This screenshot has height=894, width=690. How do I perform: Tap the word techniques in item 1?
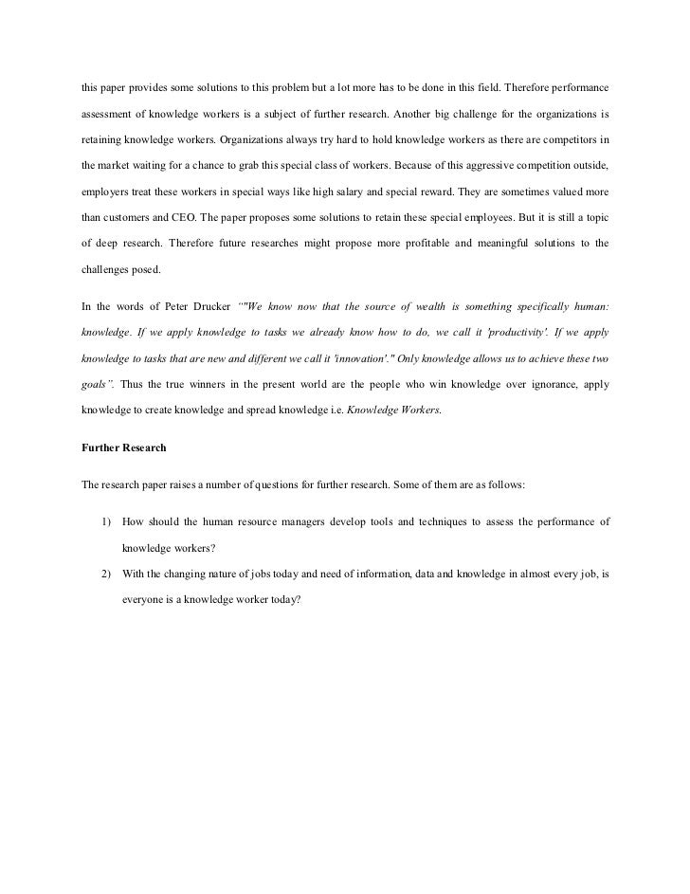(434, 522)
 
